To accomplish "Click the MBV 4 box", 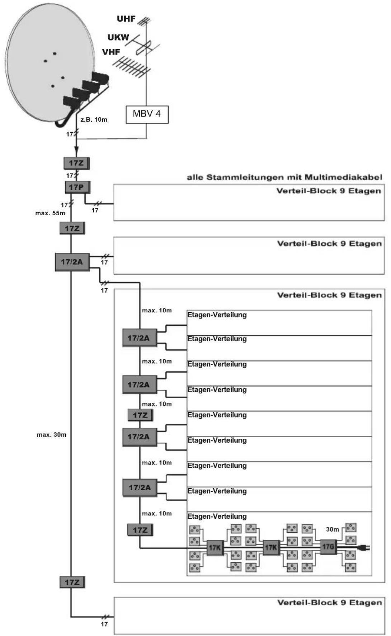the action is coord(147,114).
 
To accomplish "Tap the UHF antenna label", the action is coord(126,19).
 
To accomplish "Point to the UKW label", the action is coord(118,37).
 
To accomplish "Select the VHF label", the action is coord(111,52).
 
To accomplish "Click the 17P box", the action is coord(77,187).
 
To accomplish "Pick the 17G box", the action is coord(328,547).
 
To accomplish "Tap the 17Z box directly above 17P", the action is coord(76,163).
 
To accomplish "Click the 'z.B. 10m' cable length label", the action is coord(94,120).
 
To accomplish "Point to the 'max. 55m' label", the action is coord(50,213).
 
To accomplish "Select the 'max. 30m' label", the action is coord(52,435).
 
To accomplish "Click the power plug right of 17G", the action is coord(364,548).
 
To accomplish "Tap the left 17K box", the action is coord(215,548).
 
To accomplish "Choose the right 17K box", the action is coord(271,548).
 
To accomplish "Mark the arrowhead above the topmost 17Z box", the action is coord(76,152).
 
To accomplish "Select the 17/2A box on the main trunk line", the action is coord(72,262).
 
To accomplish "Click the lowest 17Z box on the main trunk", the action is coord(72,582).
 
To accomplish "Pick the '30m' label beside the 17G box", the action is coord(333,529).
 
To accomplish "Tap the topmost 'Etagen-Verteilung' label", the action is coord(217,315).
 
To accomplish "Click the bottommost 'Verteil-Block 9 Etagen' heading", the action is coord(329,602).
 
